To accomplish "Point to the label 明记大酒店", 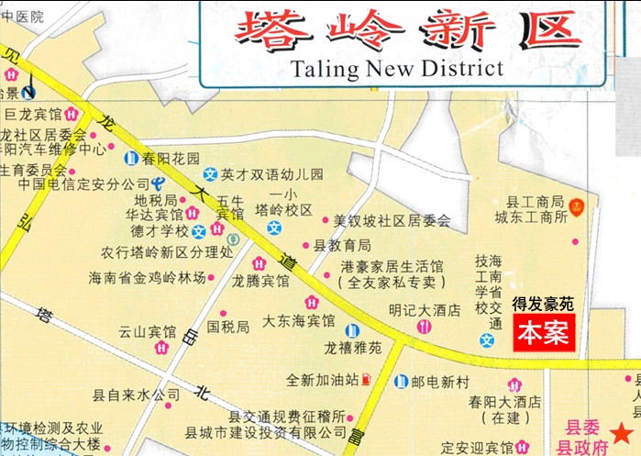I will point(424,310).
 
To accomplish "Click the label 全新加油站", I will point(320,378).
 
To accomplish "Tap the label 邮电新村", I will point(444,381).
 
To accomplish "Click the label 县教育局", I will point(342,245).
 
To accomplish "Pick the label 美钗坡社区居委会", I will point(392,221).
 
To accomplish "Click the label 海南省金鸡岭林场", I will point(147,277).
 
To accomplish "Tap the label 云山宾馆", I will point(147,331).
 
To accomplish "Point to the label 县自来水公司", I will point(137,396).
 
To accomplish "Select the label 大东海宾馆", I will point(298,321).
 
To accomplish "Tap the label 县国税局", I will point(227,326).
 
